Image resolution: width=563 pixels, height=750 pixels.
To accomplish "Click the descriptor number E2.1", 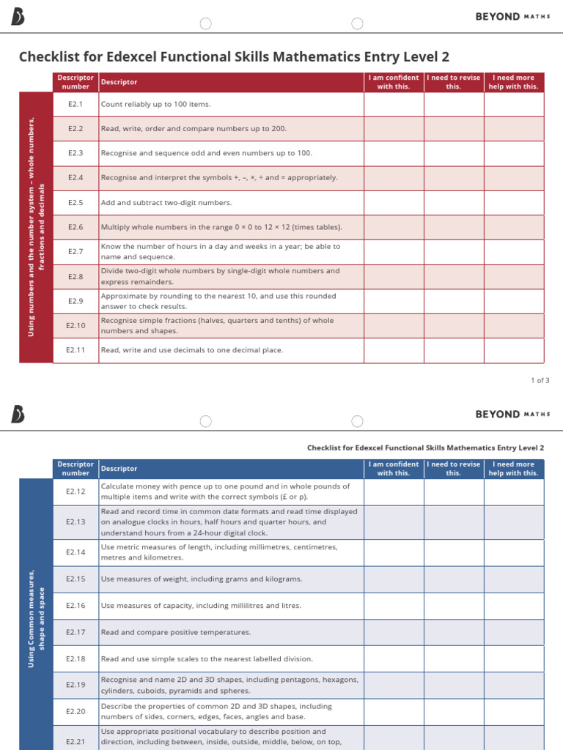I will click(x=76, y=104).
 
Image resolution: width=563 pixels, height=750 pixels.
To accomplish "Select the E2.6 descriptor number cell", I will click(x=76, y=227).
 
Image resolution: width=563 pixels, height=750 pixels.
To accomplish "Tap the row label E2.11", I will click(x=76, y=350).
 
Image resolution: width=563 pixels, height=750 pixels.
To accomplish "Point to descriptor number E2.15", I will click(x=76, y=579).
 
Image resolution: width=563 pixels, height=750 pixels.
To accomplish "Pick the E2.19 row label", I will click(x=76, y=685).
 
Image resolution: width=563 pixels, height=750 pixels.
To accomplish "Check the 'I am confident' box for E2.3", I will click(x=394, y=153).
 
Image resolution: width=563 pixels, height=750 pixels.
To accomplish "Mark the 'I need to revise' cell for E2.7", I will click(x=454, y=252).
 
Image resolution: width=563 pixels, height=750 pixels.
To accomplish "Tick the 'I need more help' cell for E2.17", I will click(x=514, y=632).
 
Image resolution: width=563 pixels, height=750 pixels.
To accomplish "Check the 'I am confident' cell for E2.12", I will click(x=394, y=491).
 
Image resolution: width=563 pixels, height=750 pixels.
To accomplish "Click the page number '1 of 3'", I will click(x=540, y=380).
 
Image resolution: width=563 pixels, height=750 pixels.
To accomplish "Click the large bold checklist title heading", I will click(x=235, y=56).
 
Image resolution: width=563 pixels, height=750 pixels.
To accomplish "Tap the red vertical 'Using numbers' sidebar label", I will click(x=36, y=227).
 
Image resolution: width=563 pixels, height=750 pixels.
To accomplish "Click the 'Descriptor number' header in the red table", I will click(x=76, y=82).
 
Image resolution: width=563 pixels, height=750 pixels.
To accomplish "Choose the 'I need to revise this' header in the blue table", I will click(x=454, y=469).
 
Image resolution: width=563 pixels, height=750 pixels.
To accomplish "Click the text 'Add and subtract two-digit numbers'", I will click(x=166, y=203).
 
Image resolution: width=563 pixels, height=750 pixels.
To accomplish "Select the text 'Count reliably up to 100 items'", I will click(x=155, y=104).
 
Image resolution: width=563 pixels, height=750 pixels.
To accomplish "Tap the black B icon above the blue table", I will click(x=18, y=415).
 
